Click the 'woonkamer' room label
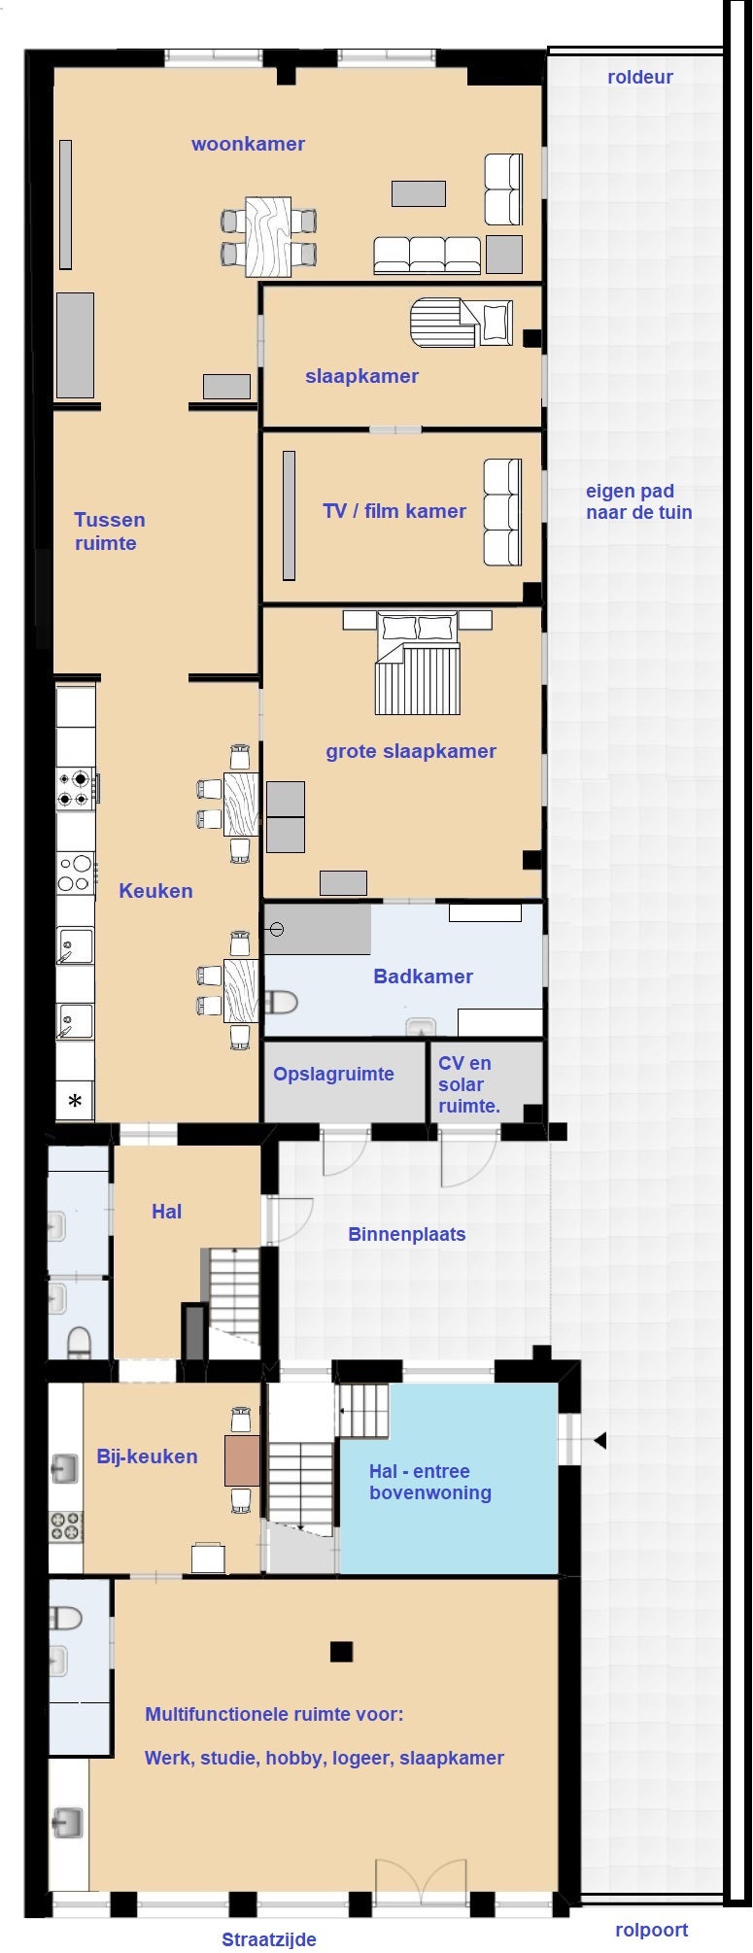point(248,144)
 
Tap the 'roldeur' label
point(640,77)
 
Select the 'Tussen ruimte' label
point(110,531)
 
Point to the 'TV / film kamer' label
point(394,511)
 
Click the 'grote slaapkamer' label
point(411,751)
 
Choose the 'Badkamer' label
point(424,976)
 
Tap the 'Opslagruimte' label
point(333,1074)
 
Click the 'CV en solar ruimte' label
point(469,1084)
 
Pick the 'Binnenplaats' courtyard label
point(407,1234)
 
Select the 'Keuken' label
point(155,891)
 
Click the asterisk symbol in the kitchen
point(75,1102)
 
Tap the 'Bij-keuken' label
point(147,1456)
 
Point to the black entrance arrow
point(600,1440)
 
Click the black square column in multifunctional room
point(341,1651)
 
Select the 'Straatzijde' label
point(269,1939)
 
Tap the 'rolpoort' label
point(652,1930)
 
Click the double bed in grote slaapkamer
point(418,663)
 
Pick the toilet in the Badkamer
point(281,1002)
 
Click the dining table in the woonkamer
point(268,237)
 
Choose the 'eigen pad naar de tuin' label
point(639,501)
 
